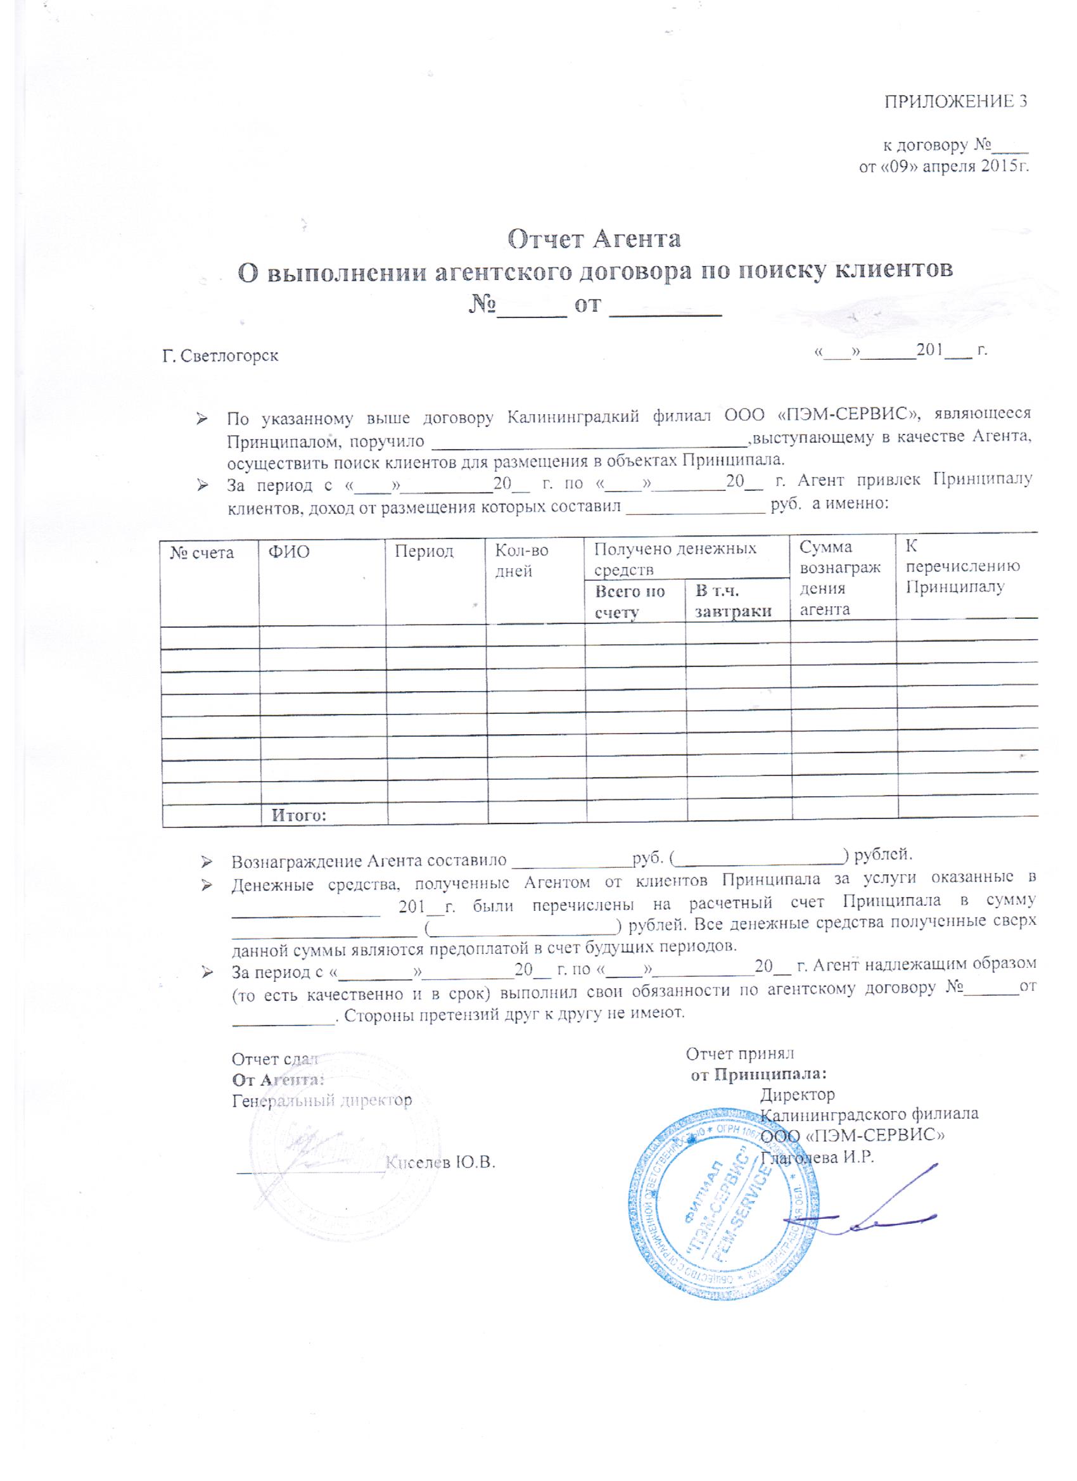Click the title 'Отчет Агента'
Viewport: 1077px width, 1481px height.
pyautogui.click(x=594, y=239)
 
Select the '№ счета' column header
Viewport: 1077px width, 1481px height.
pyautogui.click(x=202, y=553)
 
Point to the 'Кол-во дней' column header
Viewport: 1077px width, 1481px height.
pyautogui.click(x=522, y=561)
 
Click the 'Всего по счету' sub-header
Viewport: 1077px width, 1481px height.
pyautogui.click(x=630, y=601)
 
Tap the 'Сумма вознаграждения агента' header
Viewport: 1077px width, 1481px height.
pyautogui.click(x=840, y=578)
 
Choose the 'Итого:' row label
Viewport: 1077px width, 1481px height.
pyautogui.click(x=299, y=816)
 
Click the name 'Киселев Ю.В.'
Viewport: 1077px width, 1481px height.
pyautogui.click(x=441, y=1162)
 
